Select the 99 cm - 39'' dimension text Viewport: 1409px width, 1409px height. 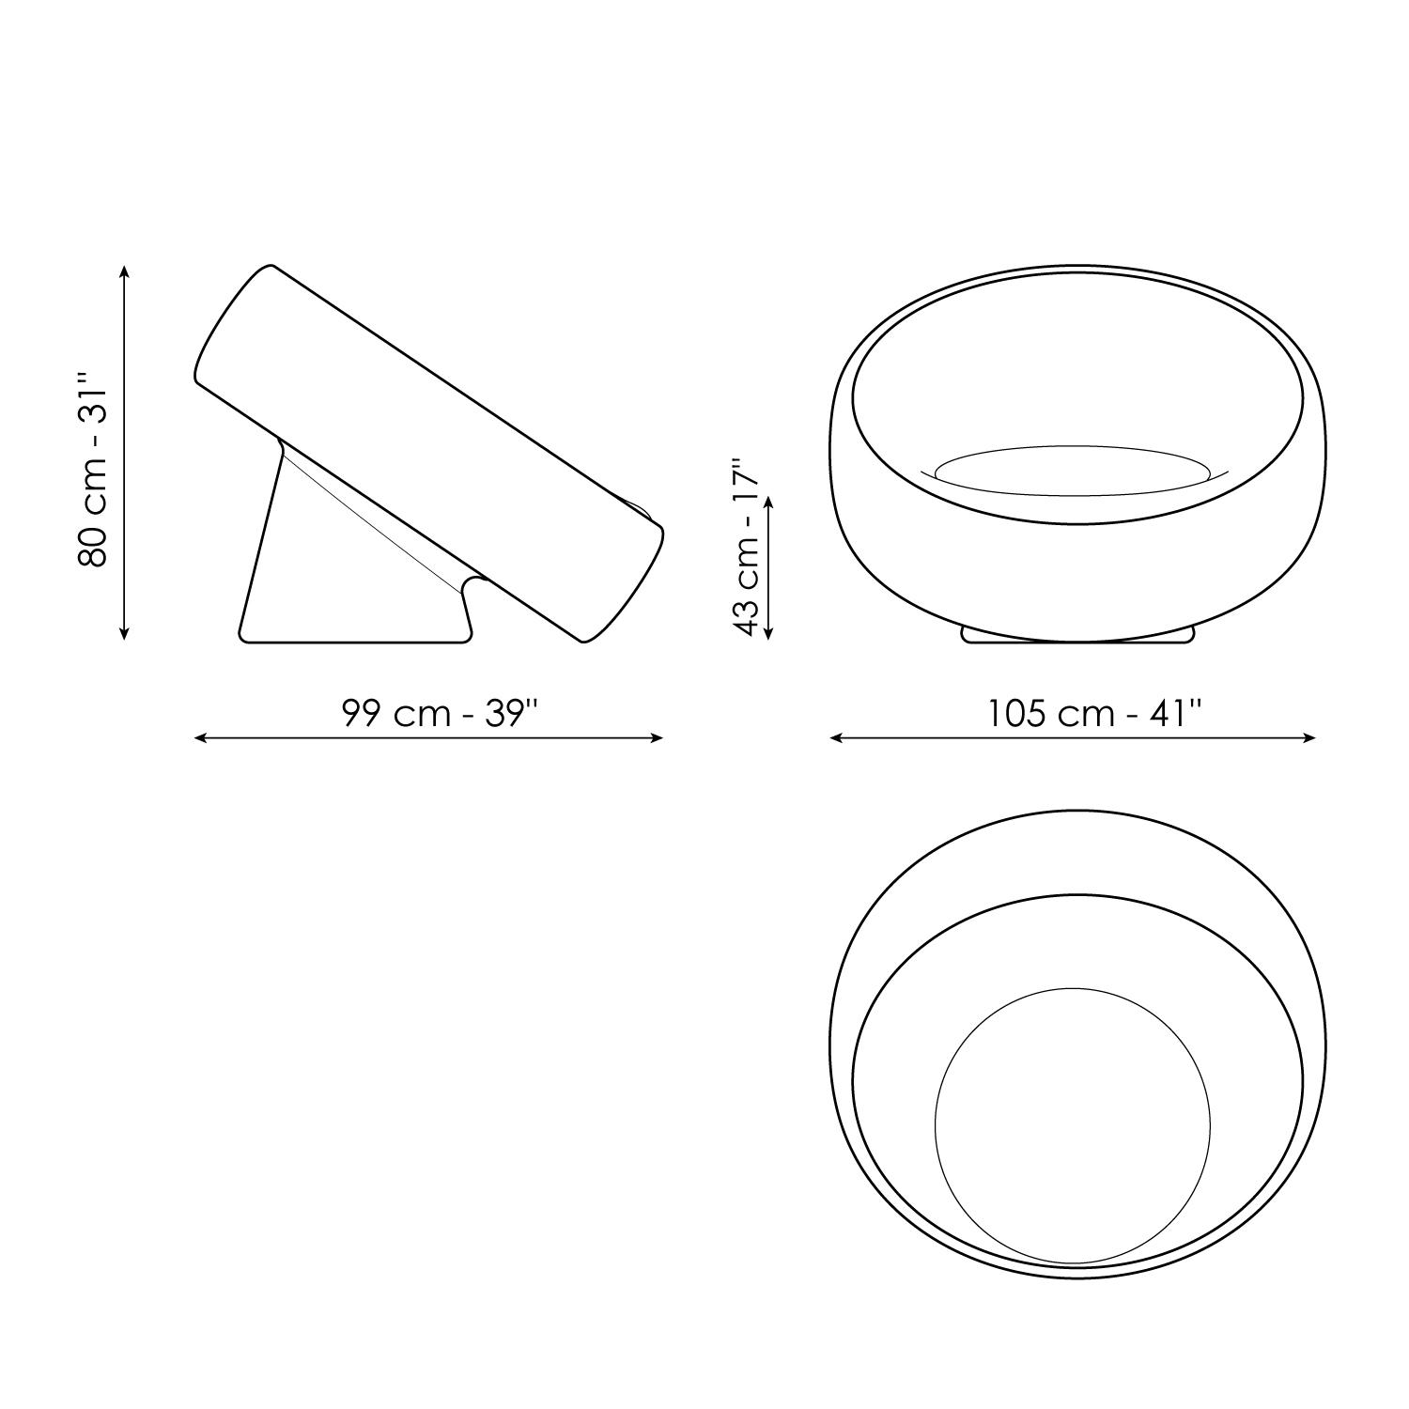pos(441,714)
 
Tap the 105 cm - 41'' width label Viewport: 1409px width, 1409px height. pos(1095,714)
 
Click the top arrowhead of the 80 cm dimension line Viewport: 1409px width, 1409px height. pos(125,271)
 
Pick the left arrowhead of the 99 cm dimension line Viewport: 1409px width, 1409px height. pos(201,738)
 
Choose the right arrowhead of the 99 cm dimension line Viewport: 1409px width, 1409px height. pos(657,738)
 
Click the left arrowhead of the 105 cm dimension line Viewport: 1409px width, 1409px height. pos(837,738)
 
